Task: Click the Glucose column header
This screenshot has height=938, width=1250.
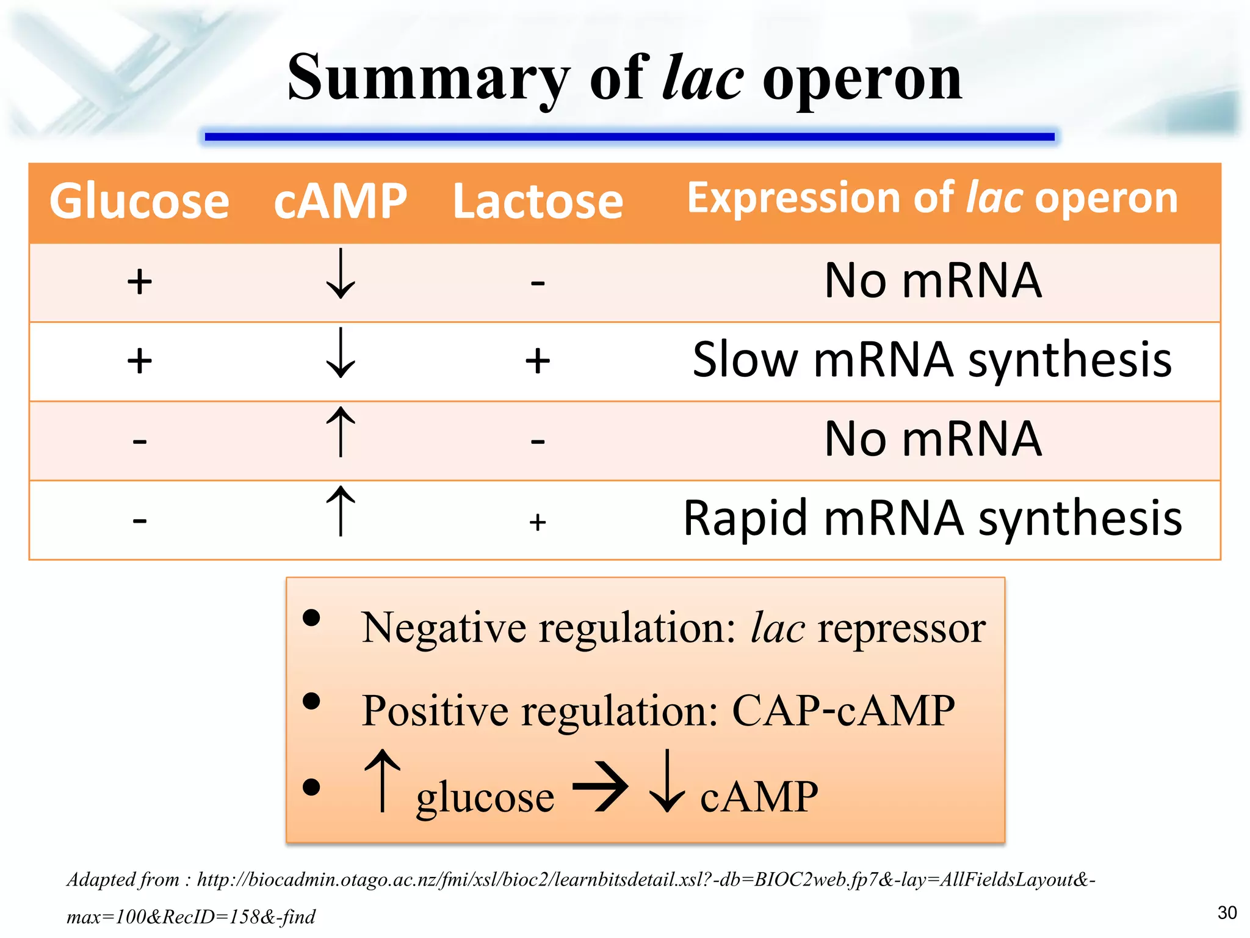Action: [x=139, y=202]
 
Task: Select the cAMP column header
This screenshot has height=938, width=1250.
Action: [x=340, y=202]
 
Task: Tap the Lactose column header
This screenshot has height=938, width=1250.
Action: [x=538, y=202]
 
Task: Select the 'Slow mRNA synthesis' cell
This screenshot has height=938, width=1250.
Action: [x=932, y=360]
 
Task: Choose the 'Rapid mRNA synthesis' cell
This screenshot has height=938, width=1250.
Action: [x=932, y=518]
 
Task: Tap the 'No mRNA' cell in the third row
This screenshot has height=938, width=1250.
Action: [x=932, y=439]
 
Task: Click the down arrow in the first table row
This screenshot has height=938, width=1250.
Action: [x=341, y=274]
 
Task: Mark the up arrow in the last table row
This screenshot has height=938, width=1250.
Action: [x=341, y=511]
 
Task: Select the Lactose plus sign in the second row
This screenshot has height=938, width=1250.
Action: [x=538, y=360]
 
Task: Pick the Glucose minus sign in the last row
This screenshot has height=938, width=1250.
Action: [x=140, y=520]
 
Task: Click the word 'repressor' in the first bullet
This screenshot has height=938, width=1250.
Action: [x=901, y=628]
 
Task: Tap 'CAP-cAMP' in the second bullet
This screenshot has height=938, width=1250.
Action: [x=843, y=711]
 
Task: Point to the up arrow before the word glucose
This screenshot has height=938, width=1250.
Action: [x=382, y=781]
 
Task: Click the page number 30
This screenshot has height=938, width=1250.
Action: [x=1227, y=912]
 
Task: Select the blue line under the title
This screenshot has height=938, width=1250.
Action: [x=629, y=137]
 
